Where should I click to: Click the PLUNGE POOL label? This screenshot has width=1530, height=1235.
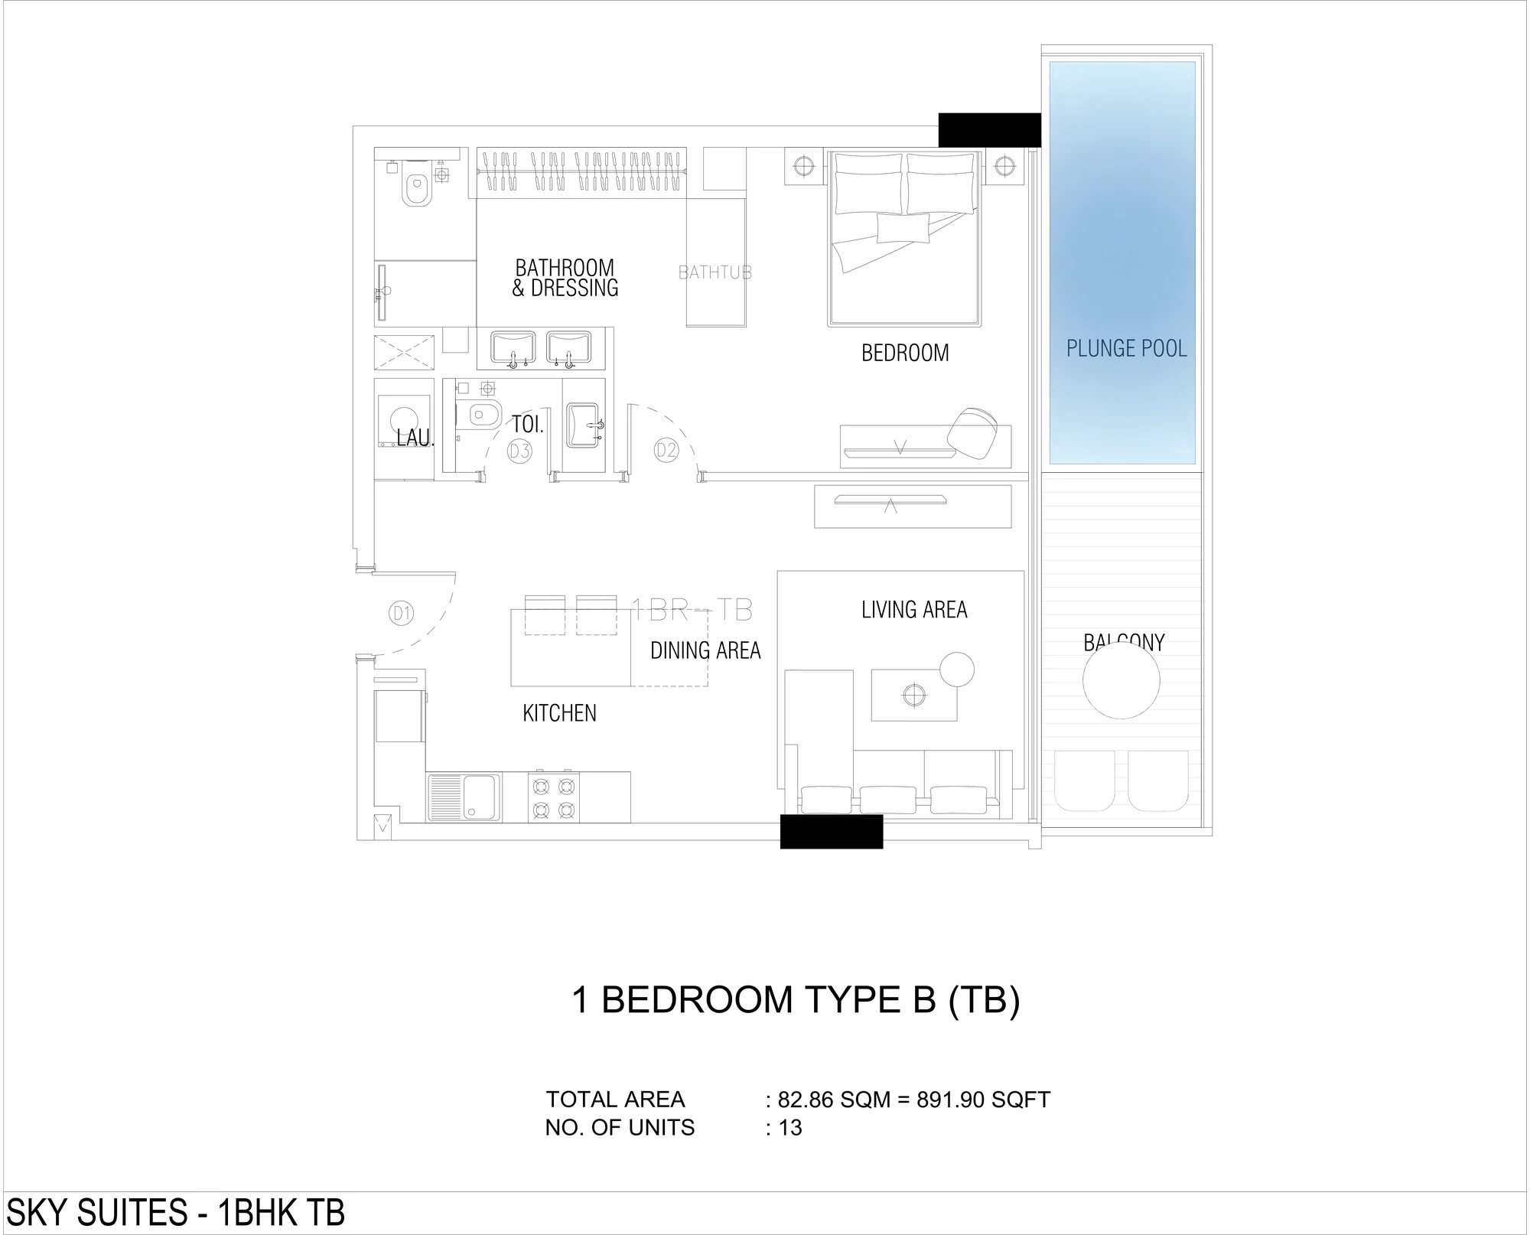point(1126,349)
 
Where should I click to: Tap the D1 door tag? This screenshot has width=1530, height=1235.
point(402,613)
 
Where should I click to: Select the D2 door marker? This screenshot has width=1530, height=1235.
point(666,451)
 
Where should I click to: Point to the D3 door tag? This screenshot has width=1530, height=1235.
point(519,451)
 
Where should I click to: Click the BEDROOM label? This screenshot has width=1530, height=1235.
point(905,353)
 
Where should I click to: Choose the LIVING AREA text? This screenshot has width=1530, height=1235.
point(914,610)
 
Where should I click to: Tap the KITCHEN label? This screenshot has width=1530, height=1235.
point(559,713)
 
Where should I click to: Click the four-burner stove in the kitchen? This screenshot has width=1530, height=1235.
point(553,797)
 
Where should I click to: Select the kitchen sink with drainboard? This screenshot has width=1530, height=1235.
point(464,797)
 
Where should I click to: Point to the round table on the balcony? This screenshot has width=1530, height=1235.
point(1121,679)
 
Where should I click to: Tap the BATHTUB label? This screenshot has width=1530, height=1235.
point(715,272)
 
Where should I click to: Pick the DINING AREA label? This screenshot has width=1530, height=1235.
point(705,650)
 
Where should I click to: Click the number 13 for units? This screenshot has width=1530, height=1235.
point(790,1128)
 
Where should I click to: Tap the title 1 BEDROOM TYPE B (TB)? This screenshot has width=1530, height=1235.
point(796,1000)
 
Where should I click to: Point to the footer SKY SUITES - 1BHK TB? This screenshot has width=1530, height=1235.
point(176,1212)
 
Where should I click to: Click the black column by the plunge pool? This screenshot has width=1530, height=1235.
point(990,129)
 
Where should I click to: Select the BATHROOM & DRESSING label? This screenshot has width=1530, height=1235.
point(565,278)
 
